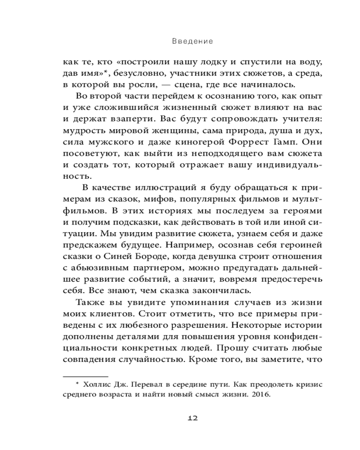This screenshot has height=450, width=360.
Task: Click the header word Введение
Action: (x=192, y=41)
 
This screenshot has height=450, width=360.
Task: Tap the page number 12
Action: (x=192, y=418)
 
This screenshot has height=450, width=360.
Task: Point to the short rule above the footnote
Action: (x=85, y=375)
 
